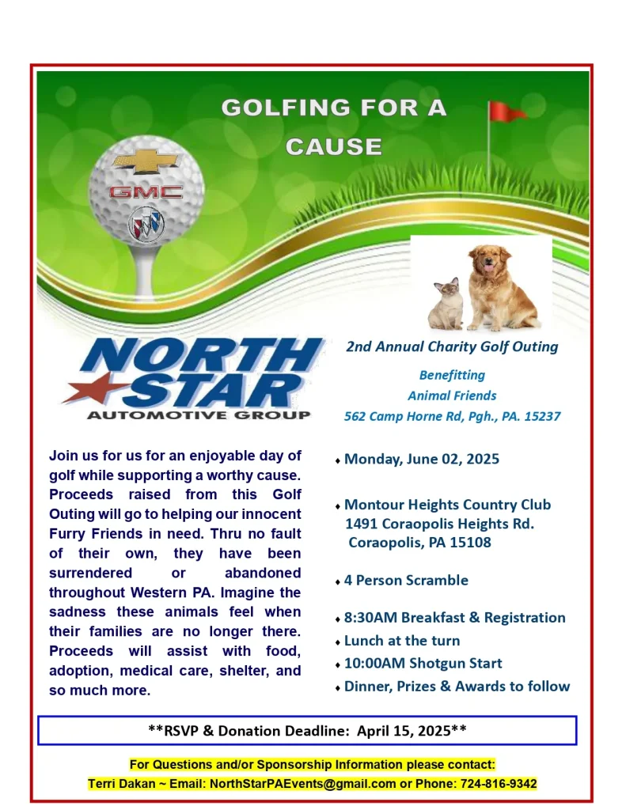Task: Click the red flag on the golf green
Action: pyautogui.click(x=504, y=112)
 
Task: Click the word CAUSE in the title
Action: pyautogui.click(x=334, y=146)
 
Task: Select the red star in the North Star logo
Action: pyautogui.click(x=88, y=390)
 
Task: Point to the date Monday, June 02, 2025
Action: pyautogui.click(x=421, y=459)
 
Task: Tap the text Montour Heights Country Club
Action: pyautogui.click(x=447, y=505)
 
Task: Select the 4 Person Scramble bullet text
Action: pyautogui.click(x=406, y=580)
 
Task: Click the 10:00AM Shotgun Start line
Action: pyautogui.click(x=423, y=663)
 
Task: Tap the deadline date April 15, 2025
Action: pyautogui.click(x=404, y=731)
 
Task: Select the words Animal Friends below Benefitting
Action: pyautogui.click(x=452, y=396)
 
